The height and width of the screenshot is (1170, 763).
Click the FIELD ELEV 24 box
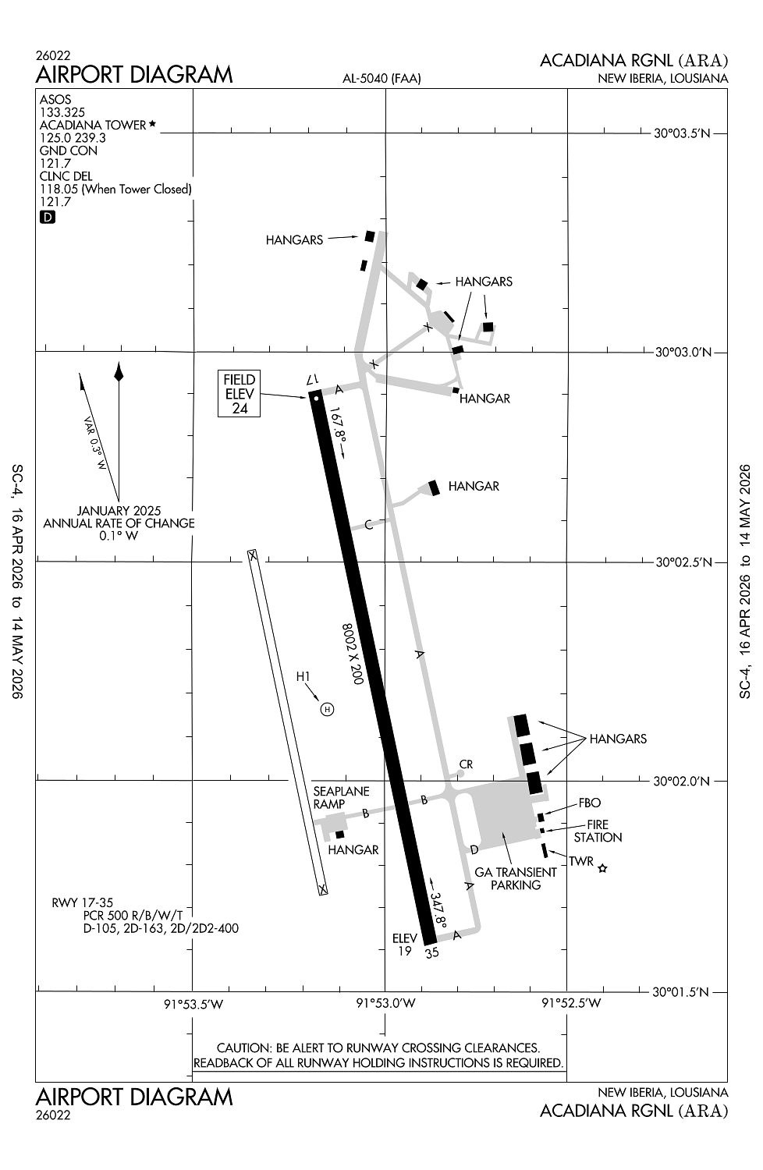(x=240, y=393)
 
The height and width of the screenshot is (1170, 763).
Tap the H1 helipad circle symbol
(x=328, y=708)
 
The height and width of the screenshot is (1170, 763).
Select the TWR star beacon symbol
(x=602, y=867)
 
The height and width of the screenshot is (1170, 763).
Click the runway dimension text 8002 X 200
(x=353, y=654)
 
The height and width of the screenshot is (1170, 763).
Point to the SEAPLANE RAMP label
(x=341, y=797)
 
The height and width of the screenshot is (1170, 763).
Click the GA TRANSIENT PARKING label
(x=516, y=878)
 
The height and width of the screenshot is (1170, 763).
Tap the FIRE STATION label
(x=598, y=831)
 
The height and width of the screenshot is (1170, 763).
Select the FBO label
(x=589, y=803)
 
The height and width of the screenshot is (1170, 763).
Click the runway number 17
(x=314, y=379)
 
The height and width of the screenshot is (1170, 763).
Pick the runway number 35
(x=431, y=952)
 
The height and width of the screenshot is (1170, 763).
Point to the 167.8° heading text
(x=339, y=431)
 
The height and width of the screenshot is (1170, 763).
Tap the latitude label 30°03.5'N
(x=683, y=133)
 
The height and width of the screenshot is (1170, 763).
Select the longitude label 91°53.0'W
(x=385, y=1003)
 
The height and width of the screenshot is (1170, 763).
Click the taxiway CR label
(x=466, y=764)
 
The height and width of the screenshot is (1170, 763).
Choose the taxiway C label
(x=370, y=524)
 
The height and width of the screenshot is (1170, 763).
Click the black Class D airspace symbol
(x=47, y=218)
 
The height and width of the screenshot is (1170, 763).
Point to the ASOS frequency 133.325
(x=62, y=112)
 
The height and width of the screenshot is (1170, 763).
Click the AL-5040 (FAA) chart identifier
(x=381, y=78)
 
